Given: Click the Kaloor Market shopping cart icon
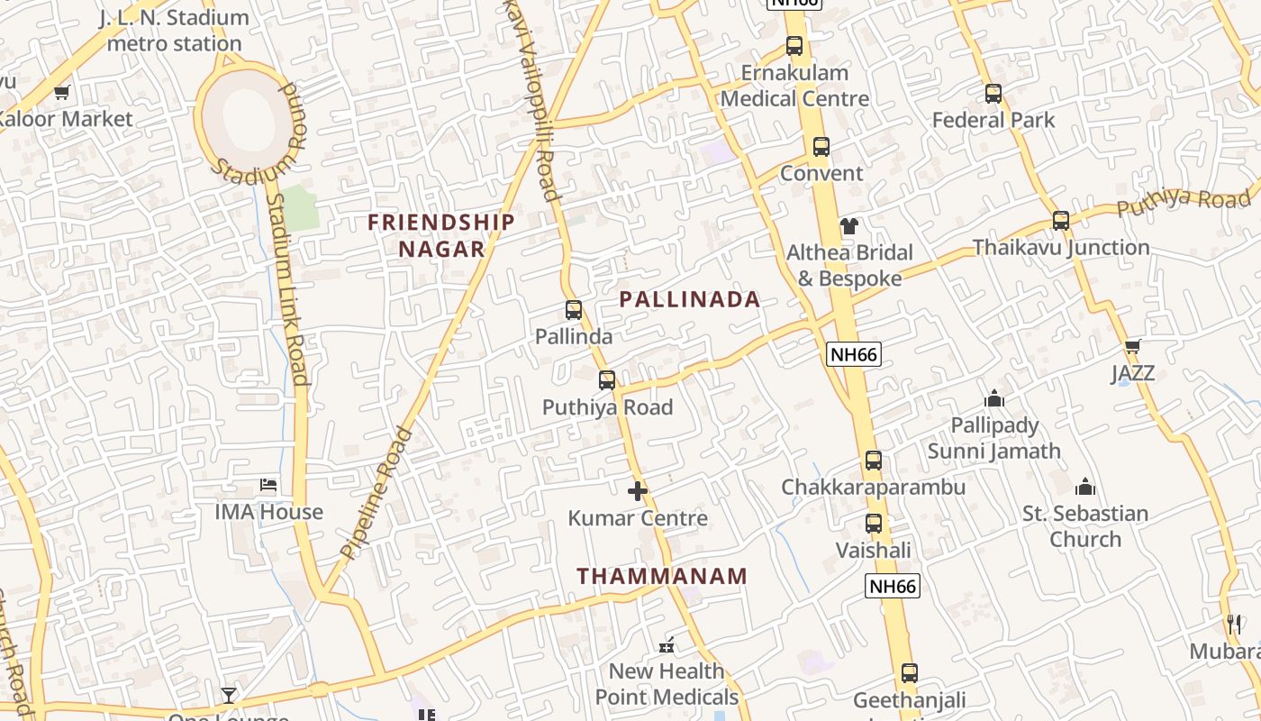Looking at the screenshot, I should (x=62, y=92).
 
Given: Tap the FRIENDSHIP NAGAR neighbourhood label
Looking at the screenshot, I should (x=441, y=235).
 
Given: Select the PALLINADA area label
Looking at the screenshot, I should (x=690, y=300).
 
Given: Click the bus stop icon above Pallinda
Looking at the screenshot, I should (x=574, y=311).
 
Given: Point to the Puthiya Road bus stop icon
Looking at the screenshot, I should (x=607, y=380).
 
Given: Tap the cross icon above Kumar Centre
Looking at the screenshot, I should (x=638, y=491).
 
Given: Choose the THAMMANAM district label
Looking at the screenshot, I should (x=662, y=576).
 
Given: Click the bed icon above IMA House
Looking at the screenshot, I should (x=268, y=485).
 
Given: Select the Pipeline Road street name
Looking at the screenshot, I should (x=376, y=492).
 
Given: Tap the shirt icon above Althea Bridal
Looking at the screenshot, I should (x=849, y=226).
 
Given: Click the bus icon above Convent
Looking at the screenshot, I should (x=821, y=147).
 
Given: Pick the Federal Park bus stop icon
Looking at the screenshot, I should (x=993, y=94).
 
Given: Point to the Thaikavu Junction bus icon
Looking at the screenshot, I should (x=1061, y=221).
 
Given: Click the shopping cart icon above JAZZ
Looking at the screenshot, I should (x=1132, y=347).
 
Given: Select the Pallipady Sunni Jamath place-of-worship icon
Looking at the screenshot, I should (x=994, y=398).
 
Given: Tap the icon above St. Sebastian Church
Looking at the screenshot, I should (x=1085, y=488).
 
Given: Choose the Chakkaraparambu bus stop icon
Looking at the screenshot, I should (x=873, y=461).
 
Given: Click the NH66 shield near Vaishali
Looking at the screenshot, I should (x=893, y=587).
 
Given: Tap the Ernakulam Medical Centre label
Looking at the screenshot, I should (x=794, y=86).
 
